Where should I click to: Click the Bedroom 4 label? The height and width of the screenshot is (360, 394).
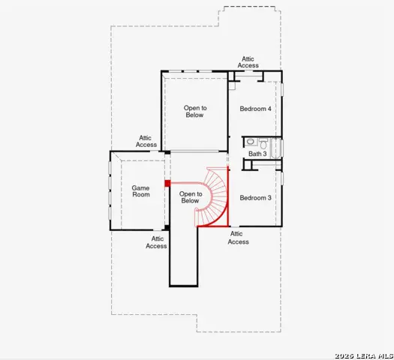pos(255,109)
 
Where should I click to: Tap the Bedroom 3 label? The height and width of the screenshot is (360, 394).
pos(255,198)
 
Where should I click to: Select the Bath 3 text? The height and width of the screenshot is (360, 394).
pos(257,154)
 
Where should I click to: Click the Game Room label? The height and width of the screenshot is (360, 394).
pos(141,191)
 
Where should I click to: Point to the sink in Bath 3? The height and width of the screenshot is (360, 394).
pos(250,142)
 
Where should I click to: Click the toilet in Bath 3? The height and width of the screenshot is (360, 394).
pos(263,143)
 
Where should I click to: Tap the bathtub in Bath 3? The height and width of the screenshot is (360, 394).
pos(276,148)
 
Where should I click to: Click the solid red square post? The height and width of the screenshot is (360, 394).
pos(167,183)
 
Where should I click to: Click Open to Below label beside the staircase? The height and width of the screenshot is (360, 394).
pos(191,197)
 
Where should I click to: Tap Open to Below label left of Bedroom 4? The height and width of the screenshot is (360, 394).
pos(195,112)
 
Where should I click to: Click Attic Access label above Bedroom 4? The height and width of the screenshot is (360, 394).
pos(248,62)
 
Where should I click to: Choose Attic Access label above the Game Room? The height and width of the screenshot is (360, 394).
pos(146,141)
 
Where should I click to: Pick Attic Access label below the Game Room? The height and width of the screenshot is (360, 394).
pos(156,242)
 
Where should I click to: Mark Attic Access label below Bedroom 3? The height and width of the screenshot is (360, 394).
pos(238,238)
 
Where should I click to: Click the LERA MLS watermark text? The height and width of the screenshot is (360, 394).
pos(364,356)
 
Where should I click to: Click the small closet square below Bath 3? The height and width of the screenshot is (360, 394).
pos(247,165)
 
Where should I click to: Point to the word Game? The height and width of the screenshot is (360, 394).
pos(140,187)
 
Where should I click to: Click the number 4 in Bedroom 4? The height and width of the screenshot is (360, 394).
pos(269,109)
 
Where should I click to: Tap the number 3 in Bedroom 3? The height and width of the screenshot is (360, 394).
pos(269,198)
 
